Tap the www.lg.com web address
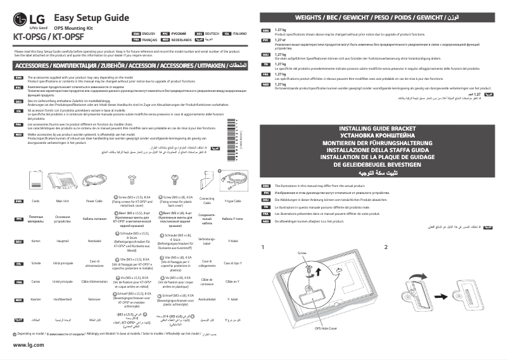tap(27, 344)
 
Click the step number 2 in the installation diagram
tap(385, 247)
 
